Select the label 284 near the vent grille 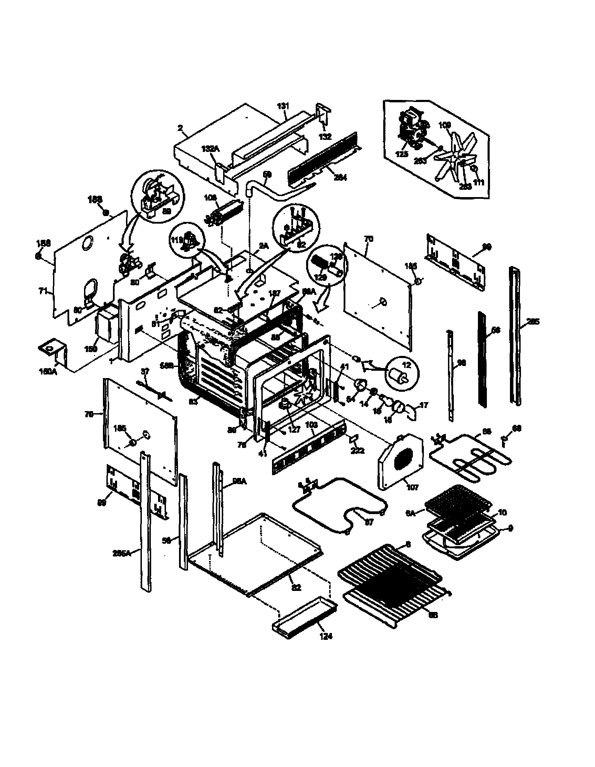coord(340,178)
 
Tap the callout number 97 coord(369,522)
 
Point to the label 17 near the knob coord(424,405)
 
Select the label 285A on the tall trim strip coord(122,553)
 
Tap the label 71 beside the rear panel coord(43,291)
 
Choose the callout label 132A coord(210,149)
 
